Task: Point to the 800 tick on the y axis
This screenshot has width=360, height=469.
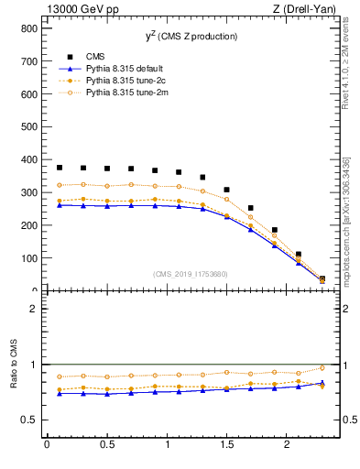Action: pyautogui.click(x=25, y=28)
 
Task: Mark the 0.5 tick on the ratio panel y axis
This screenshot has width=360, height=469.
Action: pyautogui.click(x=25, y=420)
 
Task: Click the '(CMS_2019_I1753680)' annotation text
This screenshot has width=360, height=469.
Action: pyautogui.click(x=190, y=274)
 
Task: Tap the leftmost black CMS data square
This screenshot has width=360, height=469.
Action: pyautogui.click(x=60, y=168)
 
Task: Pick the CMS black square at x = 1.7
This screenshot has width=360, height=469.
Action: pyautogui.click(x=251, y=208)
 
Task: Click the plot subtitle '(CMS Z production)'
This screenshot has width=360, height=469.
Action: pyautogui.click(x=200, y=37)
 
